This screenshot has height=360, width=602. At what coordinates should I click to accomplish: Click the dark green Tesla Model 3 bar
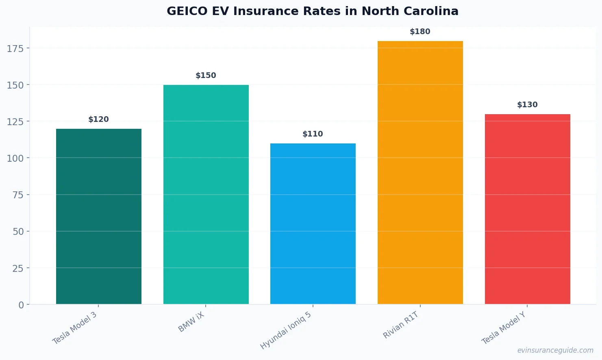(99, 216)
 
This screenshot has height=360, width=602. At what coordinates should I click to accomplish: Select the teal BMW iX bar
(206, 194)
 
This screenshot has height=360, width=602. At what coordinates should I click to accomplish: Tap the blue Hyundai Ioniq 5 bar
(313, 223)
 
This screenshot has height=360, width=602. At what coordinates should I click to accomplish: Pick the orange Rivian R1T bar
(420, 172)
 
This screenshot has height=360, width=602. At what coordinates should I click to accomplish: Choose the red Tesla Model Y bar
(527, 209)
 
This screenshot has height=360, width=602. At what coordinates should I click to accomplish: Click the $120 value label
(99, 119)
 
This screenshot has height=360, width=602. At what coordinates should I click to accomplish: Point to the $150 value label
(206, 76)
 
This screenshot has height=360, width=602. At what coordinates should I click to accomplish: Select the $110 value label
(313, 134)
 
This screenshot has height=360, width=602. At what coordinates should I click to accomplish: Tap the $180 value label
(420, 32)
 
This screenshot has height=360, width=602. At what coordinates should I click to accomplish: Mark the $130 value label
(527, 105)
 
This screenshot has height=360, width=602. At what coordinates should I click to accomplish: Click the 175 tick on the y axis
(15, 49)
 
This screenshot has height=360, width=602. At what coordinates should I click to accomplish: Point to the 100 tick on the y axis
(15, 158)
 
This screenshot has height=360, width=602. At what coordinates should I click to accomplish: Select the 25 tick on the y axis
(18, 269)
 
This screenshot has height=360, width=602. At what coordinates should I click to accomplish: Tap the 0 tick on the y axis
(21, 305)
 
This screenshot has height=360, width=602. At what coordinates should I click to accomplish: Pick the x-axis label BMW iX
(191, 322)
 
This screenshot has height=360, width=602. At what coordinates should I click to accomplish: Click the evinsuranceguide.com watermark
(555, 350)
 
